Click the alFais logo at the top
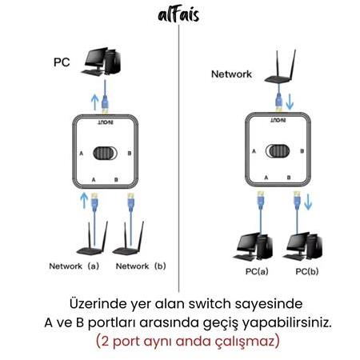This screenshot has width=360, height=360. pyautogui.click(x=178, y=15)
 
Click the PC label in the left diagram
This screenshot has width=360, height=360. pyautogui.click(x=62, y=62)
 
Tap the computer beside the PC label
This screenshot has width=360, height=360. pyautogui.click(x=102, y=62)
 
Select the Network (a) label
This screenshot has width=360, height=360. pyautogui.click(x=74, y=266)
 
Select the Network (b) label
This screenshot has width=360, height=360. pyautogui.click(x=141, y=266)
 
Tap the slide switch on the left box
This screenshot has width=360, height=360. pyautogui.click(x=105, y=154)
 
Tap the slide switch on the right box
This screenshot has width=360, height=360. pyautogui.click(x=278, y=151)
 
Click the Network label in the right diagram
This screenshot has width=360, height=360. pyautogui.click(x=231, y=74)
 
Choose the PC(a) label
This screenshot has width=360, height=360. pyautogui.click(x=257, y=271)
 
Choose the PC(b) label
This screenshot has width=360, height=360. pyautogui.click(x=307, y=271)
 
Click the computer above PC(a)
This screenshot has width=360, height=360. pyautogui.click(x=253, y=247)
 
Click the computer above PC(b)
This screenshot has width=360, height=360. pyautogui.click(x=302, y=246)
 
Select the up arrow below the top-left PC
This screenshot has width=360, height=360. pyautogui.click(x=94, y=102)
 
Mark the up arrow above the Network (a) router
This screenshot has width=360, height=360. pyautogui.click(x=84, y=201)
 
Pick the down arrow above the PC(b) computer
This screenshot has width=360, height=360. pyautogui.click(x=308, y=202)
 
